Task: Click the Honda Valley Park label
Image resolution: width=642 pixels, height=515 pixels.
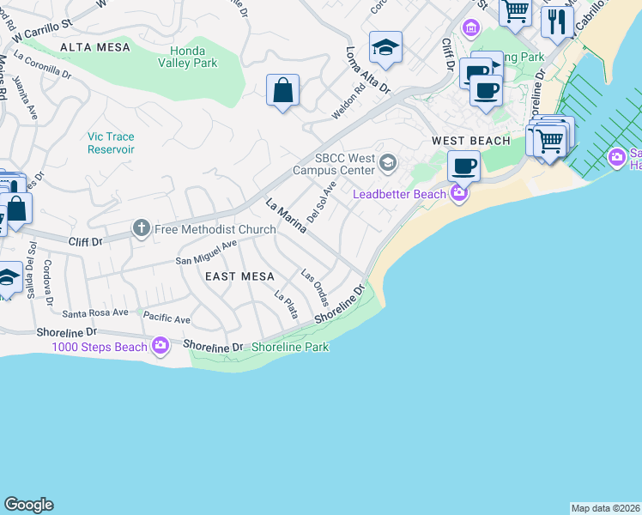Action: click(x=189, y=57)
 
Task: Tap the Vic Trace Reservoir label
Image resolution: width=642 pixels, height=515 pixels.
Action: click(x=111, y=142)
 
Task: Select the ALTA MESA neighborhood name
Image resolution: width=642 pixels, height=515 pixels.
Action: click(x=95, y=47)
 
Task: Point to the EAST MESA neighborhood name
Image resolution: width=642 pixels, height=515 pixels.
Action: click(x=239, y=276)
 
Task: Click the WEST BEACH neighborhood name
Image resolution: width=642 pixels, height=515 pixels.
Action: click(x=470, y=141)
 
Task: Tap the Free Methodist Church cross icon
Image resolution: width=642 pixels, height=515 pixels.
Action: click(x=141, y=228)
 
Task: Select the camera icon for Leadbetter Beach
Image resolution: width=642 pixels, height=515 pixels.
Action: click(x=458, y=193)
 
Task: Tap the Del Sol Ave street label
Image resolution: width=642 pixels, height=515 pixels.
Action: click(x=321, y=201)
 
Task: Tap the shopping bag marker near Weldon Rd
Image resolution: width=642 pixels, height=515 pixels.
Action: click(x=282, y=90)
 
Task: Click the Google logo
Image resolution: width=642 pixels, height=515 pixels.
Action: click(x=28, y=505)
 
